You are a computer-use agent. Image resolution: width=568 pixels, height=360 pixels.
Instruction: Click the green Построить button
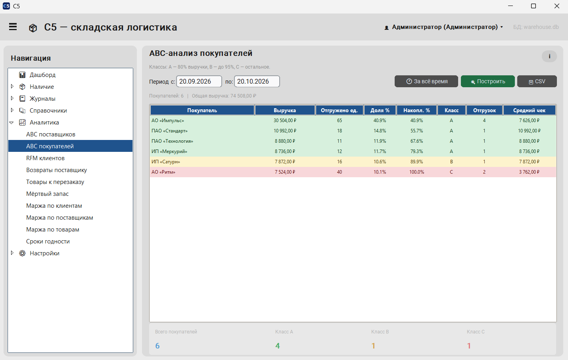tap(487, 81)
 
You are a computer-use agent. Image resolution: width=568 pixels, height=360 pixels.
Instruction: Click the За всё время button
tap(426, 81)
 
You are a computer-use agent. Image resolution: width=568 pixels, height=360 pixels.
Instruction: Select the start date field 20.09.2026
tap(199, 81)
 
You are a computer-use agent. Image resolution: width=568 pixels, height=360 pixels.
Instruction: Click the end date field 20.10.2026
tap(257, 81)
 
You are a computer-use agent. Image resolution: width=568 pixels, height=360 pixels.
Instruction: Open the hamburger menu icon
tap(13, 27)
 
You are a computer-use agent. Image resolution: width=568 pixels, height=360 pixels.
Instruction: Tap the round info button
tap(549, 56)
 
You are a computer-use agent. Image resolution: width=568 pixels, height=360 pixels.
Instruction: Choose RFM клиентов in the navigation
tap(45, 158)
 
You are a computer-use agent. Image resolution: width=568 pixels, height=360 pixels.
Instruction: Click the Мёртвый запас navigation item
tap(48, 194)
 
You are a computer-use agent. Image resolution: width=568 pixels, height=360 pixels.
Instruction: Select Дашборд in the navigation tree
tap(42, 75)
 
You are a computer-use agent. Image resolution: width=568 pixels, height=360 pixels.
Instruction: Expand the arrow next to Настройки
tap(12, 253)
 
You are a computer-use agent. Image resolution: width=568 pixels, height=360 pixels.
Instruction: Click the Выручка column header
tap(285, 110)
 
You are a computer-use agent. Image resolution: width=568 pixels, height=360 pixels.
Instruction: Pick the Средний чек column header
tap(529, 110)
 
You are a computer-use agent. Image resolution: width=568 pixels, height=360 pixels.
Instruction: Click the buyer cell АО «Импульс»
tap(168, 121)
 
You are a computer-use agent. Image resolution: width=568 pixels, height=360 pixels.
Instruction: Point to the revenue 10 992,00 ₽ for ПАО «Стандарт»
tap(285, 131)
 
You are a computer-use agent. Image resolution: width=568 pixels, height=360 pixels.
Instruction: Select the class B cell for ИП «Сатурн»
tap(451, 162)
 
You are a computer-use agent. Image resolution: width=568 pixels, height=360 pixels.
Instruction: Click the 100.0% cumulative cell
tap(416, 172)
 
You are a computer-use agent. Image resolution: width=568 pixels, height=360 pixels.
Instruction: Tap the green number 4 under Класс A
tap(278, 346)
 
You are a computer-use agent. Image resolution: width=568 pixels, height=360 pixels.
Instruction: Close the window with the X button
tap(557, 6)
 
